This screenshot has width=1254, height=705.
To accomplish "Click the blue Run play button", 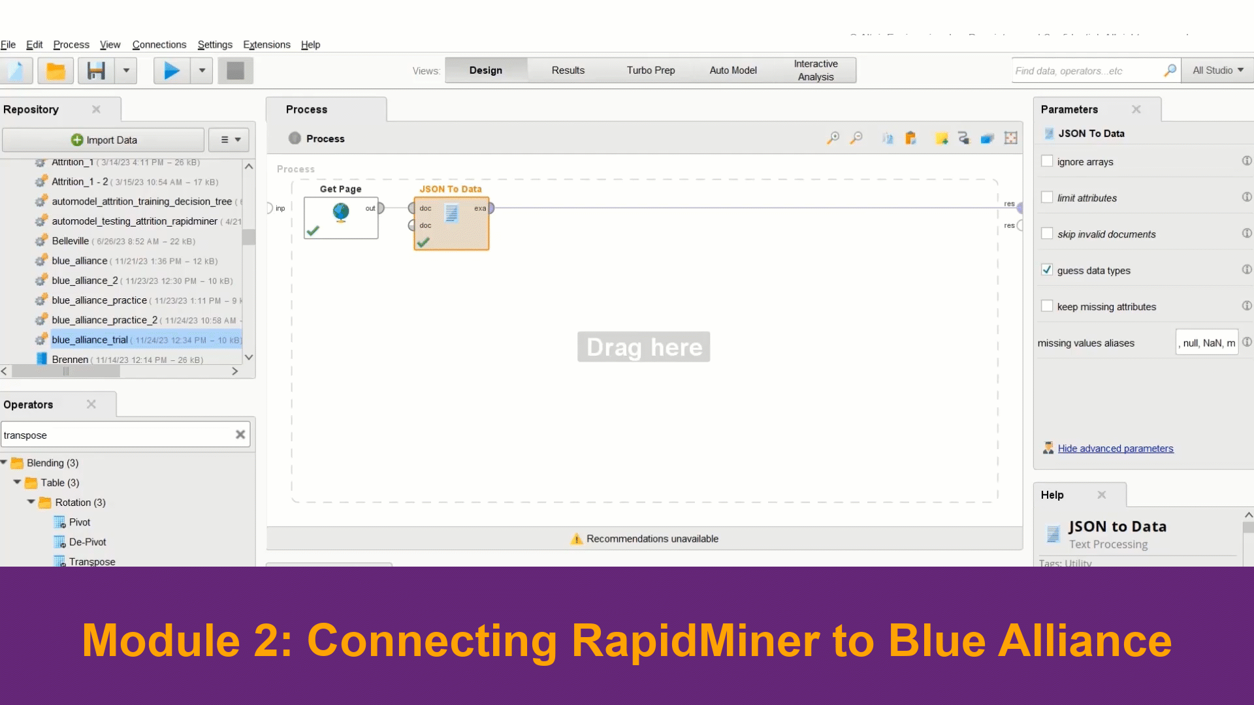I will point(171,70).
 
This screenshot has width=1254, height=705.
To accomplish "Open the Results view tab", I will point(568,70).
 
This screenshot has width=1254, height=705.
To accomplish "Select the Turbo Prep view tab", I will point(651,70).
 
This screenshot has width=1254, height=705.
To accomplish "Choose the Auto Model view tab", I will point(733,70).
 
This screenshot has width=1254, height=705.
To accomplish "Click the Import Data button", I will point(104,140).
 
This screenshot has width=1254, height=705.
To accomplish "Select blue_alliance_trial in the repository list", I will point(89,339).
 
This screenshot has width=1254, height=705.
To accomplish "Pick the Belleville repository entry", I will point(71,241).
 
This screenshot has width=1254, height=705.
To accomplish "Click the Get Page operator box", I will point(340,217).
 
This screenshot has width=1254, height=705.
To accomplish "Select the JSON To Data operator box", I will point(451,222).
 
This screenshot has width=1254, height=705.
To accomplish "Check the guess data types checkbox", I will point(1047,270).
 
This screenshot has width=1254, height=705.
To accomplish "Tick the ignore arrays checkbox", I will point(1047,161).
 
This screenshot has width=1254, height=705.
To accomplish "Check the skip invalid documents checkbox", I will point(1047,234).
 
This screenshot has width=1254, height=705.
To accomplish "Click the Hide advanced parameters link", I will point(1115,448).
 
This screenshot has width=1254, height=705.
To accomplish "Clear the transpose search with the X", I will point(240,435).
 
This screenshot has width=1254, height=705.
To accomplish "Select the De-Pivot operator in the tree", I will point(88,542).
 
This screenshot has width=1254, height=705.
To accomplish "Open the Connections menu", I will point(159,44).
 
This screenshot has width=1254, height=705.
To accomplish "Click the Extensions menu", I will point(266,44).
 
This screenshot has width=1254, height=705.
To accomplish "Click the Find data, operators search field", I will point(1087,70).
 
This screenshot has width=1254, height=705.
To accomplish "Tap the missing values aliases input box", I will point(1207,343).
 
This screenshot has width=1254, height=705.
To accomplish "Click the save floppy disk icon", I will point(96,70).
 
